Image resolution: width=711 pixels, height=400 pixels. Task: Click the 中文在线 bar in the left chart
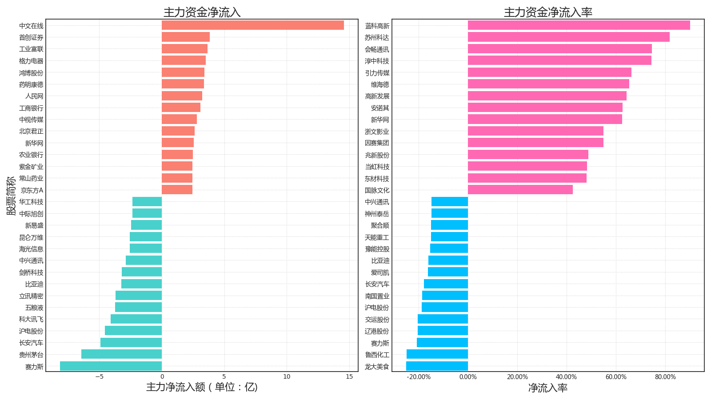252,25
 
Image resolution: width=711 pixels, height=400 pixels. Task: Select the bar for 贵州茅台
121,354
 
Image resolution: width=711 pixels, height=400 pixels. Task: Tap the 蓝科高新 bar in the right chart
579,25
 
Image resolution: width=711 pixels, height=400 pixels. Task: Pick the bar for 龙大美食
437,366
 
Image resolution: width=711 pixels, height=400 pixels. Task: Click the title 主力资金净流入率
548,12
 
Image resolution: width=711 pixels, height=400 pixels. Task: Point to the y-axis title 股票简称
11,196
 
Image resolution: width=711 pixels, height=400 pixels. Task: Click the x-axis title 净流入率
548,388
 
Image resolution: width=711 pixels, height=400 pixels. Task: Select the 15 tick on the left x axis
349,377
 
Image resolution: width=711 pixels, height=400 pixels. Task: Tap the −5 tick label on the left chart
99,377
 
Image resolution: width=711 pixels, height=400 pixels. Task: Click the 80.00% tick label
665,377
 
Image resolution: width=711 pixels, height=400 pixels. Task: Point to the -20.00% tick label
419,377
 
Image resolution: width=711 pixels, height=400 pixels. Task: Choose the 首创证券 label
31,37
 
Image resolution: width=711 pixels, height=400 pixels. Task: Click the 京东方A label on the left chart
32,190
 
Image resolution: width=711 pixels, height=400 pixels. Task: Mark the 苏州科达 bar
568,37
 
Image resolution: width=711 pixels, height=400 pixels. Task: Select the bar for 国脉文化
520,190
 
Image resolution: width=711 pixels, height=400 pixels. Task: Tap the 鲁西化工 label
377,355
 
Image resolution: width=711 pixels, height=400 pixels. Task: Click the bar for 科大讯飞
136,319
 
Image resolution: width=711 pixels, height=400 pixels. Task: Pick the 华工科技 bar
147,202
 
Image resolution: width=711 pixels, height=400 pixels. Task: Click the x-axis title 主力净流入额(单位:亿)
202,387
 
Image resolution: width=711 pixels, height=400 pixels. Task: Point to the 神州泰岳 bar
449,213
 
